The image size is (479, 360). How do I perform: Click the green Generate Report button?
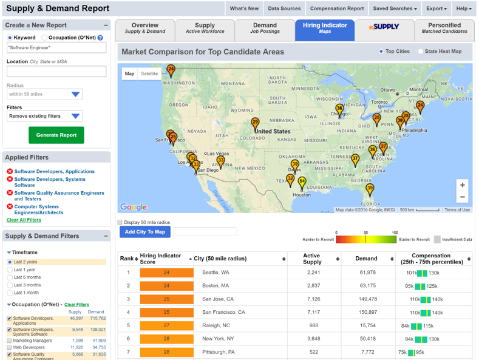point(56,135)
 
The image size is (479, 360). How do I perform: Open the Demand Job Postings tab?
point(265,29)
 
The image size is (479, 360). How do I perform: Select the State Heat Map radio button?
point(421,52)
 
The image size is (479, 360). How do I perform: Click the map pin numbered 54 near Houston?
point(302,182)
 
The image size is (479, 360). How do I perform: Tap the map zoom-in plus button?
point(462,185)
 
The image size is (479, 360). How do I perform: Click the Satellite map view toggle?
point(149,73)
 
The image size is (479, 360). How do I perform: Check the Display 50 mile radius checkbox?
point(120,222)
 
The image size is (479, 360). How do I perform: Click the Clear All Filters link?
point(24,220)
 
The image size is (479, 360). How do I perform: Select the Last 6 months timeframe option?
point(10,277)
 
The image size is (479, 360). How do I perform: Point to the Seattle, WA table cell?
point(216,272)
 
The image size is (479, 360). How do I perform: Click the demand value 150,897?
point(366,312)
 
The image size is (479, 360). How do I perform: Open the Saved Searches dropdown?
point(395,8)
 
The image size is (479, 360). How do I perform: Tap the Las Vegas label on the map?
point(218,153)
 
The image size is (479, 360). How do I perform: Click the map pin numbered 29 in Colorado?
point(255,123)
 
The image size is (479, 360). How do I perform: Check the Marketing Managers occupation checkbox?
point(9,341)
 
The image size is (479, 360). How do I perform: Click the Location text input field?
point(56,72)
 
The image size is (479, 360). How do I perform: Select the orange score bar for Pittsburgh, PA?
point(166,352)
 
